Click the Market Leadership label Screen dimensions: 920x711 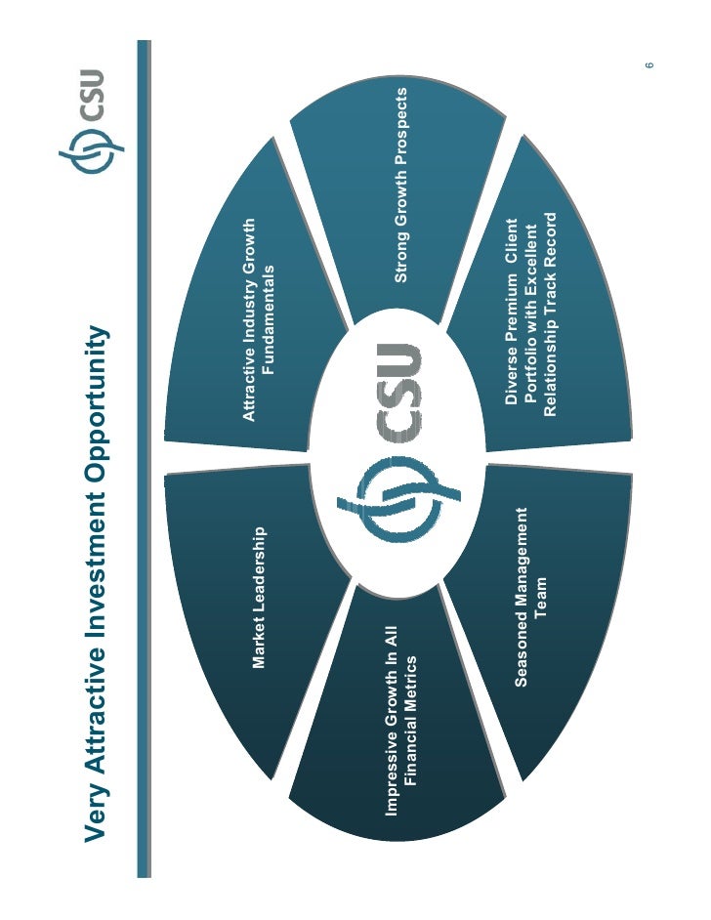click(259, 598)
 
